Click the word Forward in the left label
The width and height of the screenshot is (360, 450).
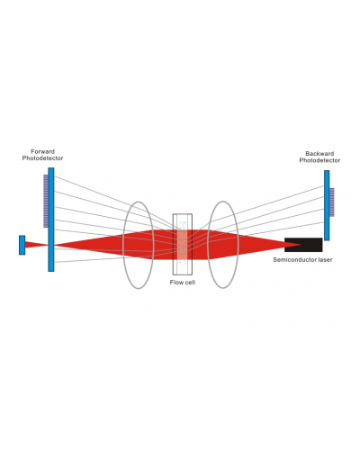[x=42, y=151]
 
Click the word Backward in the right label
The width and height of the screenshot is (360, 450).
[x=319, y=154]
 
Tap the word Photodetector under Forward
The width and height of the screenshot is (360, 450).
[x=42, y=158]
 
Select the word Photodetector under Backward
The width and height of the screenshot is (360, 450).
[x=319, y=160]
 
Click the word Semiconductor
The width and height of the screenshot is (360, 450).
[x=294, y=260]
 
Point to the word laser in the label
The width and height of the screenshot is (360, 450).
[x=325, y=260]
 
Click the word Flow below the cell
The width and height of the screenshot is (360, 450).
[x=175, y=283]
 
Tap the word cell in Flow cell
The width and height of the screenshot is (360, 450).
[x=190, y=283]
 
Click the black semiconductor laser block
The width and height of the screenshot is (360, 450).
[x=303, y=245]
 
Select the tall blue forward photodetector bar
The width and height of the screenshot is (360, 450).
[x=51, y=220]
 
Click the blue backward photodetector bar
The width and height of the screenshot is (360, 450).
[x=327, y=205]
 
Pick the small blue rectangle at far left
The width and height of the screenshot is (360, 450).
[x=22, y=245]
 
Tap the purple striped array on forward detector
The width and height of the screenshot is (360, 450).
[x=46, y=202]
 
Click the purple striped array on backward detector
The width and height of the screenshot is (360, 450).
[x=332, y=202]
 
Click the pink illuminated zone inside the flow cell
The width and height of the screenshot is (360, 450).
[x=183, y=245]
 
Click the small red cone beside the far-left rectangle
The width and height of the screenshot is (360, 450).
[x=36, y=245]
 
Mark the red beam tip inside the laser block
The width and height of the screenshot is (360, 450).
[x=301, y=245]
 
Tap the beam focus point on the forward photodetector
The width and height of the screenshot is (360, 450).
[x=51, y=245]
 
